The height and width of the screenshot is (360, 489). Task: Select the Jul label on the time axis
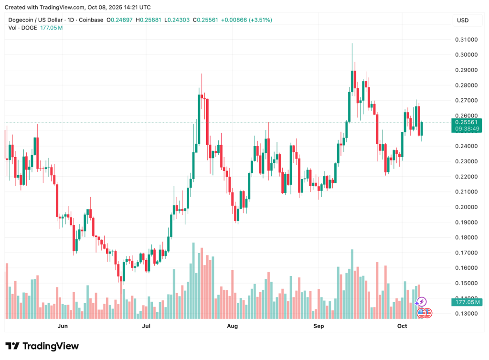146,327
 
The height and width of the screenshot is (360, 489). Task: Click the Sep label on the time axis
319,327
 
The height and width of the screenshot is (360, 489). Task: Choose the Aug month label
232,327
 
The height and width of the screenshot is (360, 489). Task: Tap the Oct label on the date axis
402,327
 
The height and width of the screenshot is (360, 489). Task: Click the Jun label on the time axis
62,327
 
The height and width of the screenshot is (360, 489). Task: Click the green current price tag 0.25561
466,122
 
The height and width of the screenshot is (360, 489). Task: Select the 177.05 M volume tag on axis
467,302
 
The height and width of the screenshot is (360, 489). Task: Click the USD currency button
463,20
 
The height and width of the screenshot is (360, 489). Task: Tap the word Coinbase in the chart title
91,20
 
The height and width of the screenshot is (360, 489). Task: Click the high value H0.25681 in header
149,20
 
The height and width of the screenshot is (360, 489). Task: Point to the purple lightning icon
421,302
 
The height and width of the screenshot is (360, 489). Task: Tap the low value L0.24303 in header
178,20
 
